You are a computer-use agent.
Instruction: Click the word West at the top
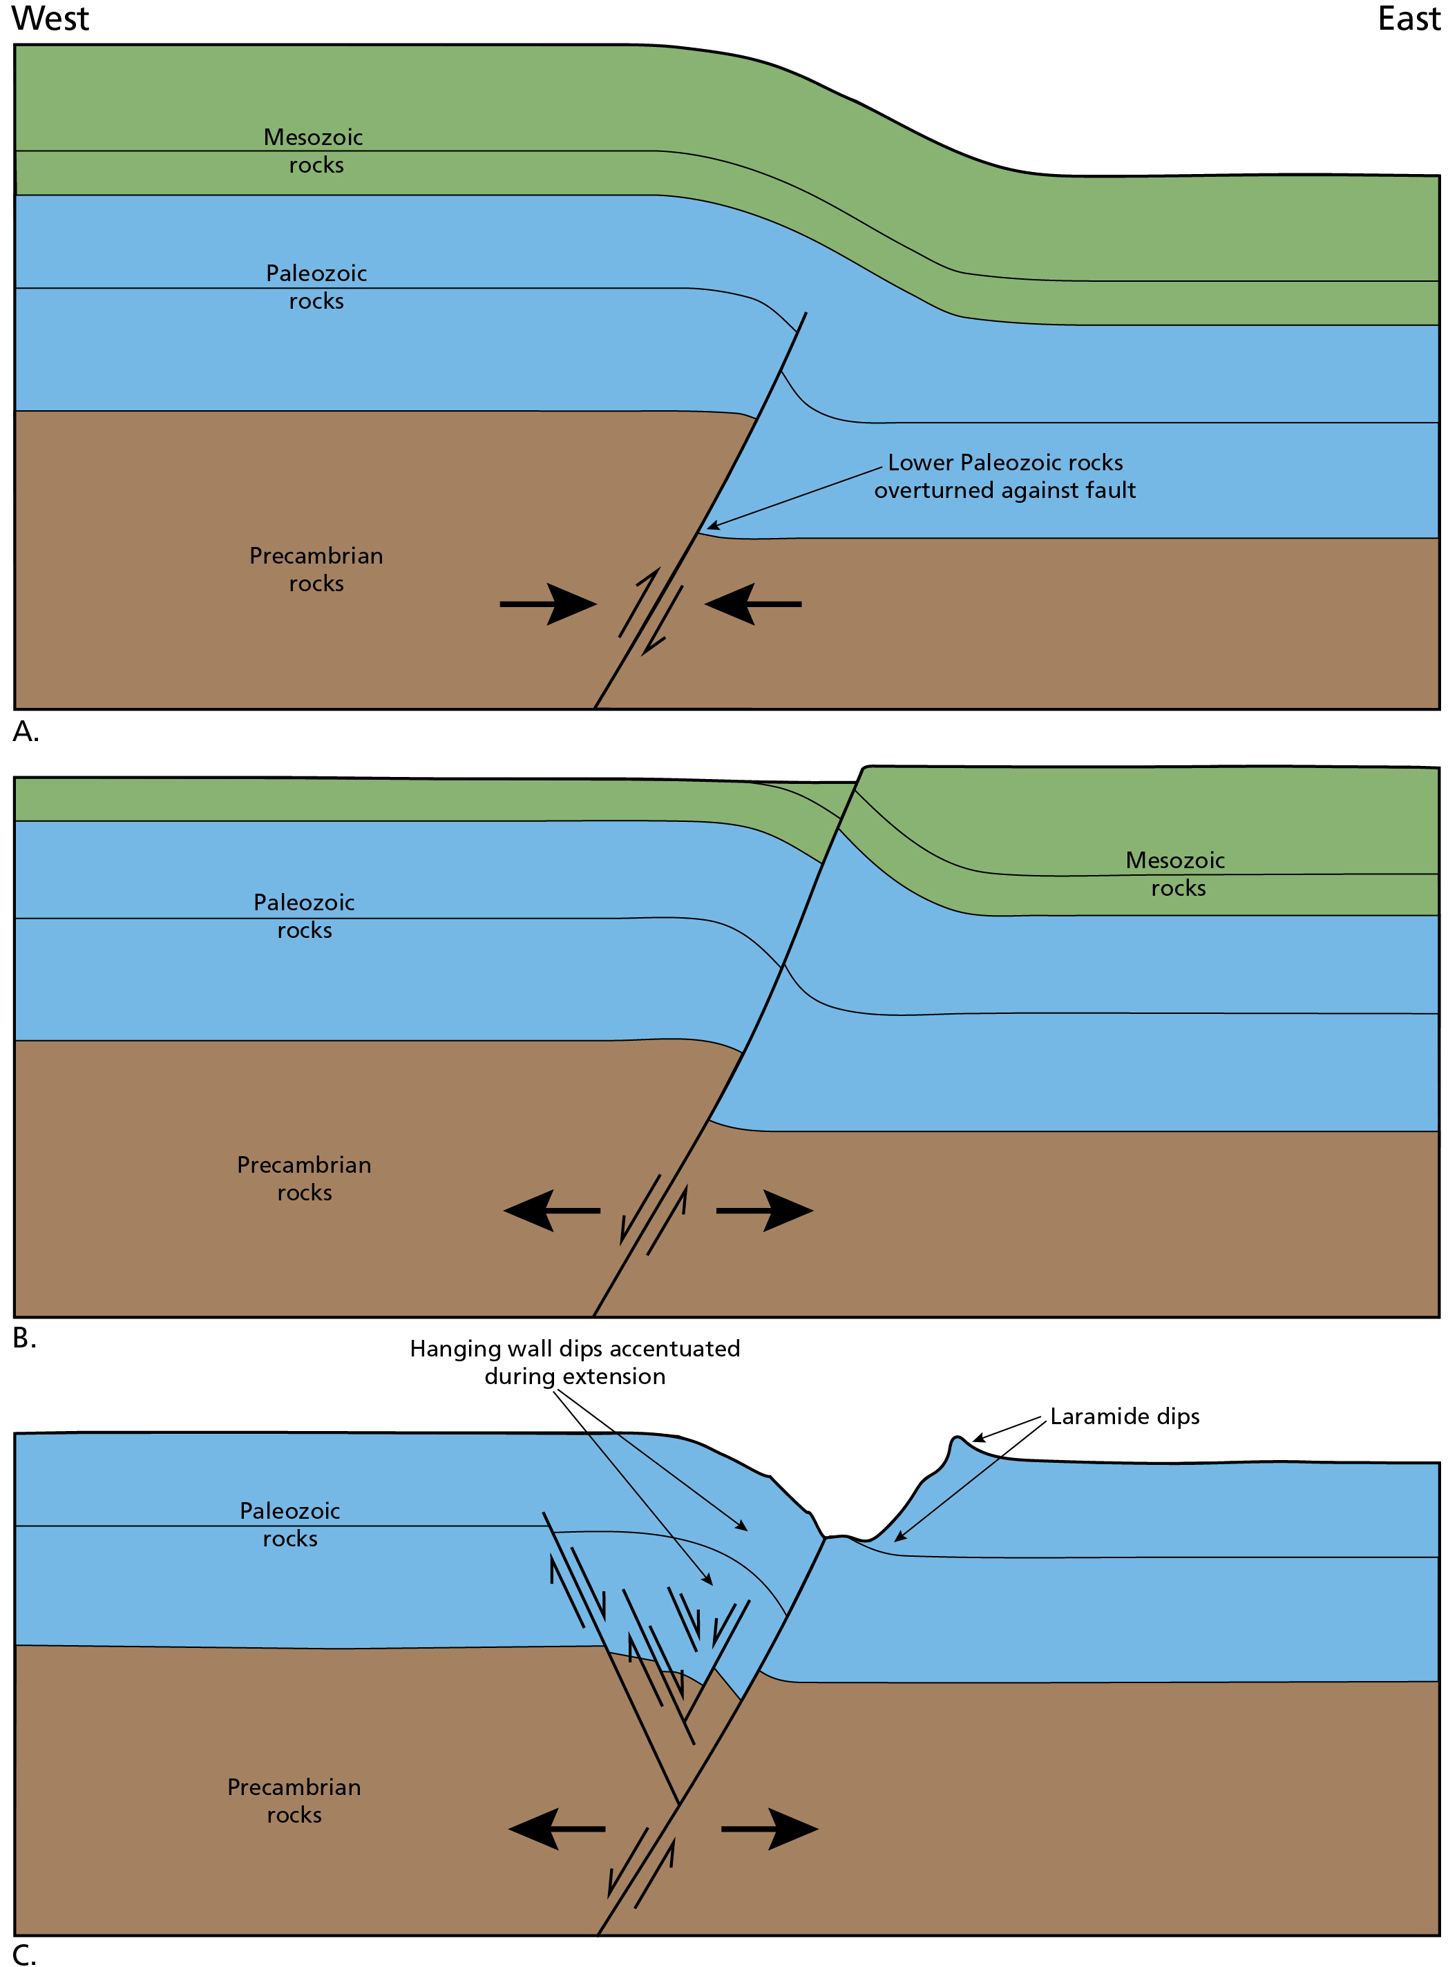pyautogui.click(x=50, y=19)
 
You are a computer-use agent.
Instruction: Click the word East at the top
pyautogui.click(x=1408, y=19)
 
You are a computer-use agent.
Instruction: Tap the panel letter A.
pyautogui.click(x=26, y=731)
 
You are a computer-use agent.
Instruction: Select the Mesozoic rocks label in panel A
pyautogui.click(x=314, y=151)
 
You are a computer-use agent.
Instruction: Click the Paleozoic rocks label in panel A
pyautogui.click(x=316, y=287)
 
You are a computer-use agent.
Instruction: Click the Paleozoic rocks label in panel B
pyautogui.click(x=304, y=916)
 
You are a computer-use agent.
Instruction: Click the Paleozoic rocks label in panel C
pyautogui.click(x=290, y=1524)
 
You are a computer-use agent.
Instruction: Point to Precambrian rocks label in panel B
pyautogui.click(x=304, y=1178)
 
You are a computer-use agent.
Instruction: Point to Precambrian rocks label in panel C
pyautogui.click(x=294, y=1801)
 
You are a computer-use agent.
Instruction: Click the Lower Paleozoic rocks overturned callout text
pyautogui.click(x=1004, y=476)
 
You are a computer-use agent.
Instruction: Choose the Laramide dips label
pyautogui.click(x=1124, y=1417)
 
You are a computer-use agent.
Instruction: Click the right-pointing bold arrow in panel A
pyautogui.click(x=549, y=604)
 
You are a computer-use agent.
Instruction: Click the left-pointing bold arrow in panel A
pyautogui.click(x=752, y=604)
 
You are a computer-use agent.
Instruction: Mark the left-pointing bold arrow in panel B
pyautogui.click(x=551, y=1211)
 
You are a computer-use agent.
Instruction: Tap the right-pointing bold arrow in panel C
pyautogui.click(x=770, y=1830)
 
